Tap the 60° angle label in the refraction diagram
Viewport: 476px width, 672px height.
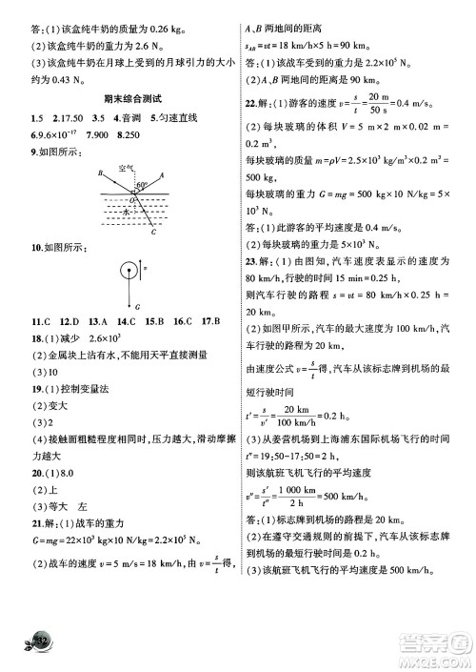tap(142, 184)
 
